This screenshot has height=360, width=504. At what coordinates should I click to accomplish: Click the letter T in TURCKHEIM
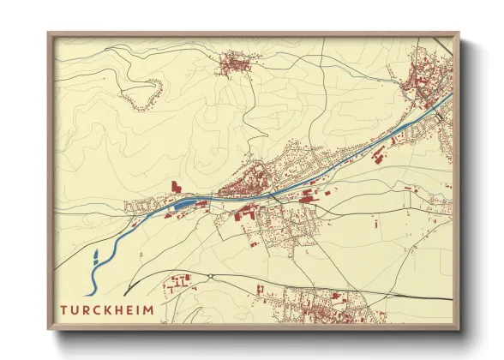click(64, 308)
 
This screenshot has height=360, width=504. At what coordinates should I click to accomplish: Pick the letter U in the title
click(75, 308)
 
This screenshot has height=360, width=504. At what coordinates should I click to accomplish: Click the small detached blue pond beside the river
click(95, 255)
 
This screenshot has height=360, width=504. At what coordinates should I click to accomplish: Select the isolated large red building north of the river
click(177, 186)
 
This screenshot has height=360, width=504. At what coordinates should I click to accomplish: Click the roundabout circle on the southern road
click(208, 275)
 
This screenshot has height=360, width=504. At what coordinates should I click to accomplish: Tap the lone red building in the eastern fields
click(376, 224)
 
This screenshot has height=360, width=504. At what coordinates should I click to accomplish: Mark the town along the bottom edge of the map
click(321, 304)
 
